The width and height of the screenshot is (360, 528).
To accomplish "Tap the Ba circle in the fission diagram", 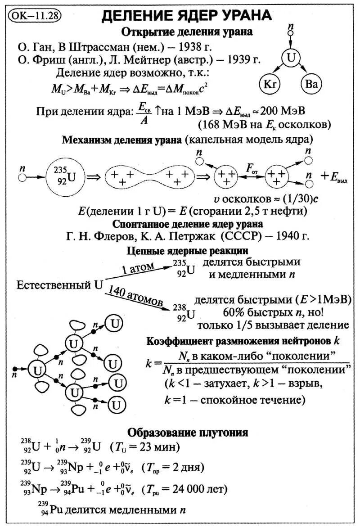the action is (x=311, y=84).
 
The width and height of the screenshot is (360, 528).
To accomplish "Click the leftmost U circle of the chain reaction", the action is (x=36, y=370).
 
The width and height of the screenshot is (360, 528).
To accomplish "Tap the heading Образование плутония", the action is (x=188, y=433).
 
